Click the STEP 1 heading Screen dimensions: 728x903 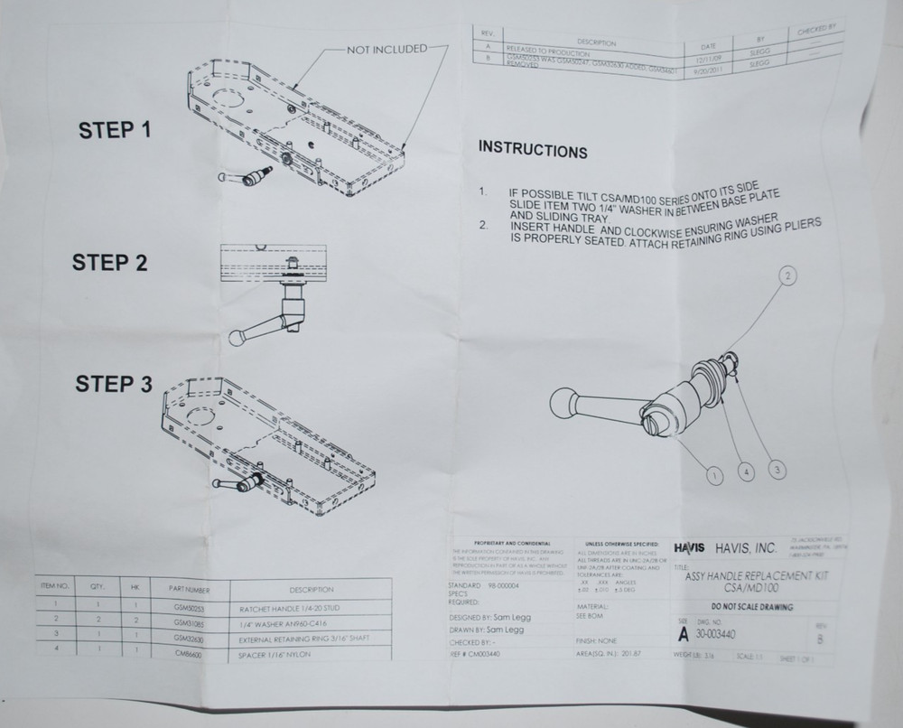click(115, 129)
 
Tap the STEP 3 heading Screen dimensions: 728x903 click(114, 384)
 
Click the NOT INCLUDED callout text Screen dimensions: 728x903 click(386, 49)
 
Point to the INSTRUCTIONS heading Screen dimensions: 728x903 click(532, 149)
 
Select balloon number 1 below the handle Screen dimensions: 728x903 click(713, 472)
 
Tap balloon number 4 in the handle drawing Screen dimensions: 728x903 click(745, 471)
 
